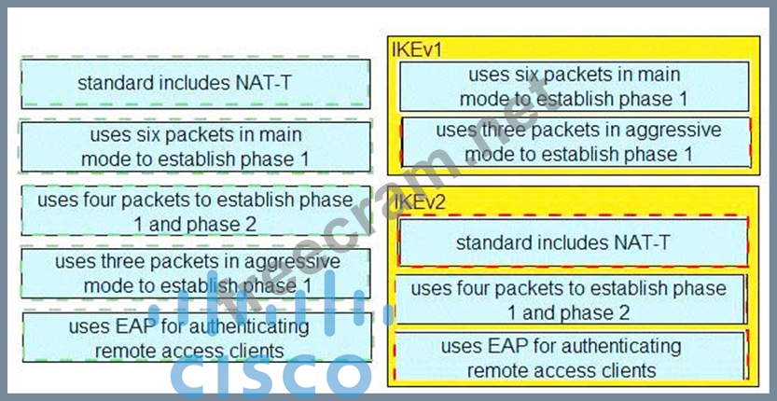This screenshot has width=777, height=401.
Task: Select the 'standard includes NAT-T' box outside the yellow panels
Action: [x=195, y=84]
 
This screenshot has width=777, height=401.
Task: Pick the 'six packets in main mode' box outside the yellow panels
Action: [x=195, y=146]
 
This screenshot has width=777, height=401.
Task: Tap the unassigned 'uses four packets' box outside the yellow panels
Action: [x=195, y=211]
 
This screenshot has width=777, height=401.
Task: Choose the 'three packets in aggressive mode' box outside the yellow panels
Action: [x=195, y=273]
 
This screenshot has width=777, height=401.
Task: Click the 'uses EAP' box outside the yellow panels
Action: [x=195, y=338]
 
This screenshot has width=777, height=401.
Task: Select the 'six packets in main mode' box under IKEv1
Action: [x=574, y=86]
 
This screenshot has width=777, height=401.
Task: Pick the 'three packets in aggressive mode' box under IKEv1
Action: [x=576, y=141]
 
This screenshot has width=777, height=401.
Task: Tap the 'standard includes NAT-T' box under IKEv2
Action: [x=574, y=242]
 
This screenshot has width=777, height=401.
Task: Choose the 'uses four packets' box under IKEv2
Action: [x=571, y=300]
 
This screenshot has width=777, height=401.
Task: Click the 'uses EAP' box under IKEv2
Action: [x=571, y=357]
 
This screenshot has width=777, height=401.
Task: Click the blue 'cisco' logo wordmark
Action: [x=271, y=378]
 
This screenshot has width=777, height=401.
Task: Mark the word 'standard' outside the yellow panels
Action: [x=116, y=84]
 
